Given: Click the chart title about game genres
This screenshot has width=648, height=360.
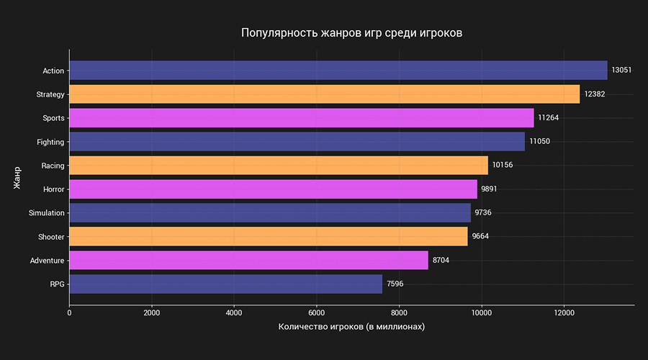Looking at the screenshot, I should pos(351,33).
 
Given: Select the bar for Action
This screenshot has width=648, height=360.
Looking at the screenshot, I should pos(338,71).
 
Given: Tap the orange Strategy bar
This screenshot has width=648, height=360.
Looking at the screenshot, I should pos(324,94).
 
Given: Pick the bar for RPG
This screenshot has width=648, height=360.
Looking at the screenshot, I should pos(225,284).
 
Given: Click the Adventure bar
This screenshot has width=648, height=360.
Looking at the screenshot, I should pos(248,260).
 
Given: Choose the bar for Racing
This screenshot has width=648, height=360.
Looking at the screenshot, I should pos(279,166).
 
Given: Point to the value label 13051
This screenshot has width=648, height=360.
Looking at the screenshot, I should pos(621,71).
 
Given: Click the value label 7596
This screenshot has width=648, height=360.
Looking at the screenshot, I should pos(395,284).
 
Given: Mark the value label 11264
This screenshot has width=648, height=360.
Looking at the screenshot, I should pos(548,118).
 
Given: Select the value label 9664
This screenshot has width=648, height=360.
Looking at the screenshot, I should pos(480,236).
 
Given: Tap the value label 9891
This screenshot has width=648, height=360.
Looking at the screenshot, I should pos(489,189).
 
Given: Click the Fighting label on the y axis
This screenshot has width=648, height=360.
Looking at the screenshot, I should pos(50,142).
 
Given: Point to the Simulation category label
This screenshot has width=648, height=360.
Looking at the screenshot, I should pos(46,213).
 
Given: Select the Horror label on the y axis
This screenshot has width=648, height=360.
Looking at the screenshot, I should pos(53,189).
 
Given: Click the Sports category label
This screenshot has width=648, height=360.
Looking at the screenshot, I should pos(53,118).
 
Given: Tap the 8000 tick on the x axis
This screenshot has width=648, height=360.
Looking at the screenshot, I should pos(398,313).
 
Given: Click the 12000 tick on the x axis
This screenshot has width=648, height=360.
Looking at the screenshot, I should pos(563,313).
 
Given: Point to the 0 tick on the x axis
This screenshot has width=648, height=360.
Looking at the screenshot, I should pos(69,313).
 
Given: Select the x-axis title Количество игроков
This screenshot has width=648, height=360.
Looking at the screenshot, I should pos(351,328).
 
